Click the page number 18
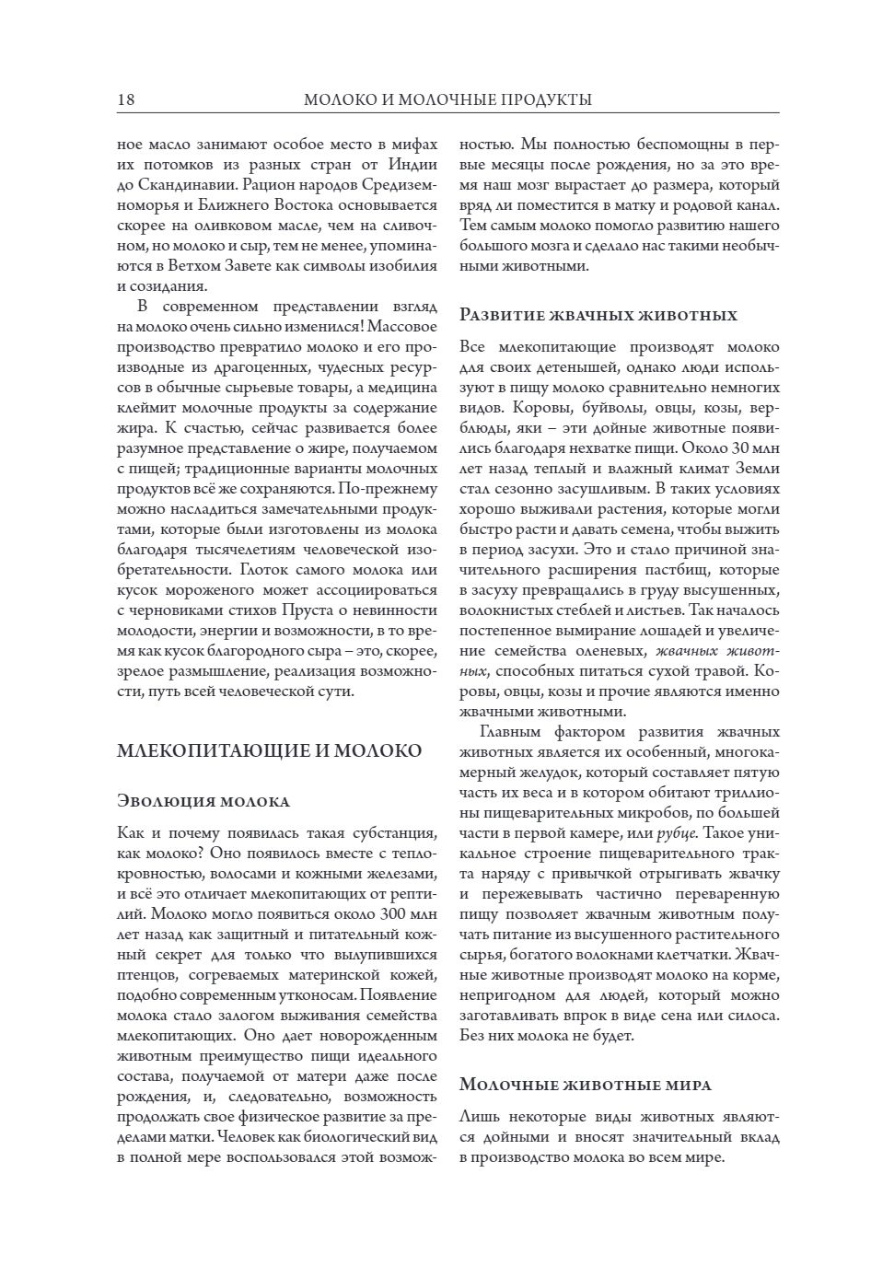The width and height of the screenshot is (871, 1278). coord(126,99)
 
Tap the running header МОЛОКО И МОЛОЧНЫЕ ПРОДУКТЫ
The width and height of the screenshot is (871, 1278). coord(447,99)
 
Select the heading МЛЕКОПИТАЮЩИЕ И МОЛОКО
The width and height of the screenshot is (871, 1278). coord(270,750)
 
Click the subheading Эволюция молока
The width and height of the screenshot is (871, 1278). coord(203,800)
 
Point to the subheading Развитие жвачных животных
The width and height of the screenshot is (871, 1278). coord(598,315)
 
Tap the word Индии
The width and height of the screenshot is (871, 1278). coord(412,165)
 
